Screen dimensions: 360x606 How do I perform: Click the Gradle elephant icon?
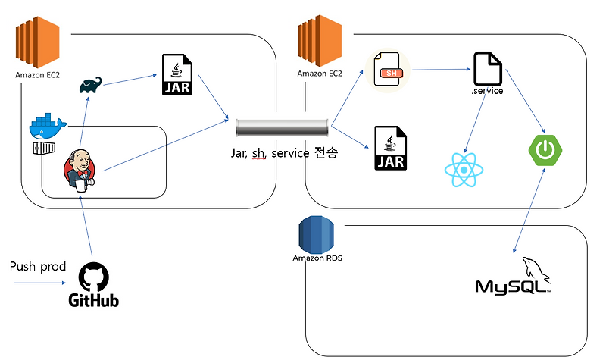tap(91, 86)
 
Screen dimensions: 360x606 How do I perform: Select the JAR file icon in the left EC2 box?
tap(176, 76)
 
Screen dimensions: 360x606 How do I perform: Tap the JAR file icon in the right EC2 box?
tap(391, 148)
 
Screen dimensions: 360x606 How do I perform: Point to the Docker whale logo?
tap(48, 126)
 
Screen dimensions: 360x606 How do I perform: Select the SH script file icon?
tap(389, 73)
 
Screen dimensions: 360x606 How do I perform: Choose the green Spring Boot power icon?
tap(544, 149)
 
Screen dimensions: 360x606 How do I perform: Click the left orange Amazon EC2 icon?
tap(37, 46)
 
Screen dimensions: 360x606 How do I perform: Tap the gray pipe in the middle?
tap(282, 127)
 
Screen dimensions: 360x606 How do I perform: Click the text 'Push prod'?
tap(37, 267)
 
